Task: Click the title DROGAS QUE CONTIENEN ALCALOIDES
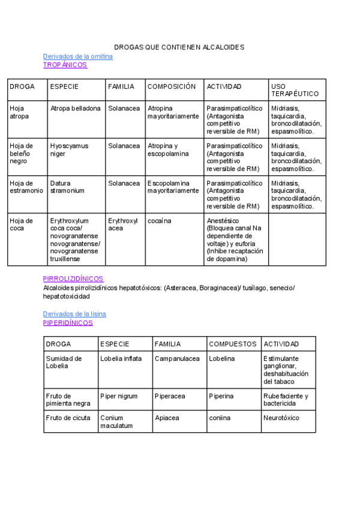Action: (179, 47)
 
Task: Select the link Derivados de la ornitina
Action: (77, 56)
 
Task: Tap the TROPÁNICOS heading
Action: (65, 65)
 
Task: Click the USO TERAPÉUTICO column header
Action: (295, 90)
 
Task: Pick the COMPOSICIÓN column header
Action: (172, 86)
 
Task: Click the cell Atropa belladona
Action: (75, 109)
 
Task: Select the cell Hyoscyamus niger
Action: (69, 149)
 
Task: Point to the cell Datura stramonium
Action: (67, 187)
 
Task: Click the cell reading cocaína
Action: (159, 221)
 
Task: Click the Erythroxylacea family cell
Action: (122, 224)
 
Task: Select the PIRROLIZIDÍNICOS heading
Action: (73, 279)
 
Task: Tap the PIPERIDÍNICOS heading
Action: (68, 322)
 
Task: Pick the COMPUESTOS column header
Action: (233, 344)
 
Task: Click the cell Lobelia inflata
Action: (121, 358)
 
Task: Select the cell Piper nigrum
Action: (119, 396)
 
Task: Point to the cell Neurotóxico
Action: (281, 418)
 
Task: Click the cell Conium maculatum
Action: (116, 421)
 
